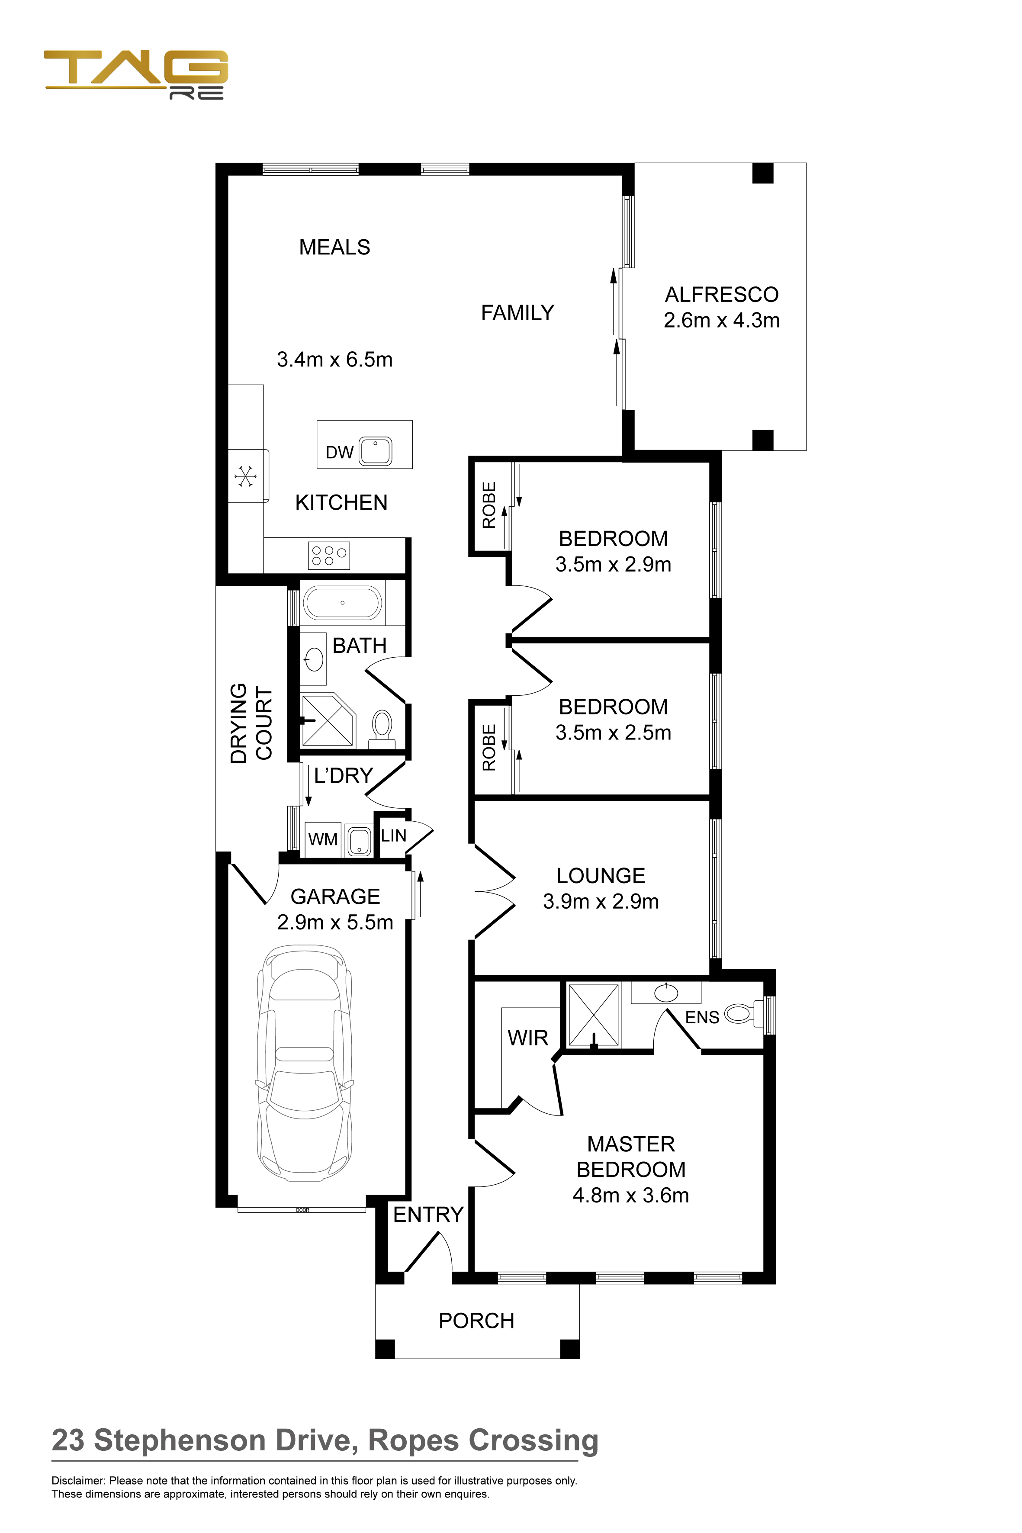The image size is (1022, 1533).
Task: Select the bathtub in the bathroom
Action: (x=342, y=603)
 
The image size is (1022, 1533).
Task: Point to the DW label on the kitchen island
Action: (x=340, y=452)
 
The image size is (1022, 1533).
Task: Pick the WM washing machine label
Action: (x=323, y=839)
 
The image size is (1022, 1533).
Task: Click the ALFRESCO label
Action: (x=722, y=295)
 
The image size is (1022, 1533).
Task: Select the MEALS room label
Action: (x=334, y=247)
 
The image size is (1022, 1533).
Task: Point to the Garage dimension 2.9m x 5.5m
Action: (x=335, y=922)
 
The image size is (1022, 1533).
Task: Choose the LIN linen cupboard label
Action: (x=394, y=836)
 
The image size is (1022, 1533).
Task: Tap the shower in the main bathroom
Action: (x=328, y=720)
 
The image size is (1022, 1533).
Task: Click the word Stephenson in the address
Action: (x=179, y=1441)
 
